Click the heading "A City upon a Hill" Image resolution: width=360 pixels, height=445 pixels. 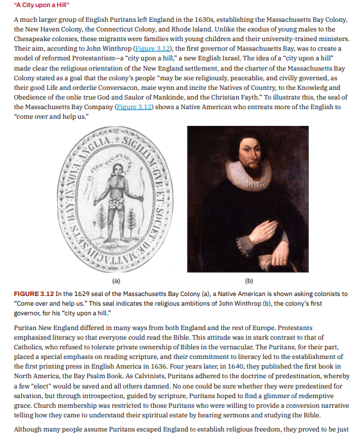click(42, 7)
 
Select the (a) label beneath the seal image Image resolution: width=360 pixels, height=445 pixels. click(116, 280)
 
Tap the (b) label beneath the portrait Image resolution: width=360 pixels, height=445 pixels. click(248, 280)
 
